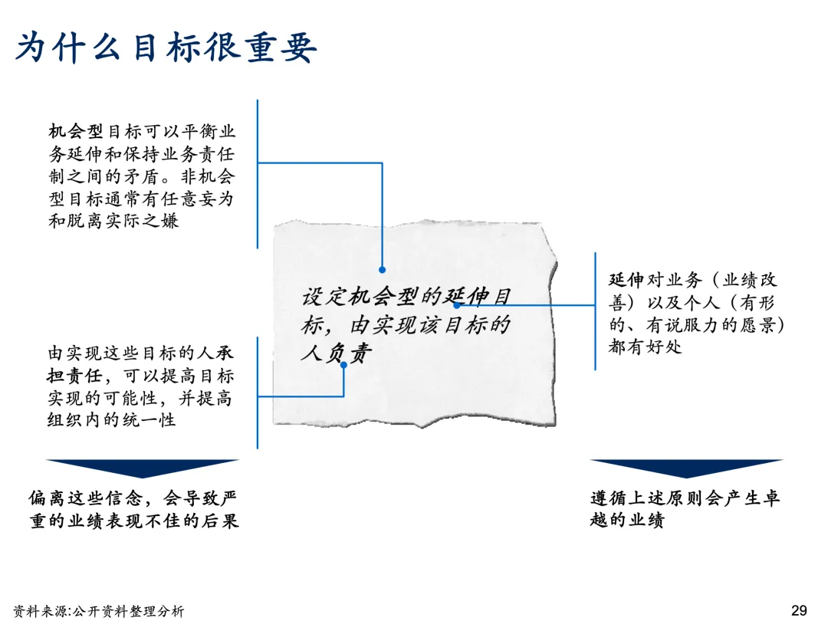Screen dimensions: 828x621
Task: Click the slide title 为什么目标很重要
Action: [166, 48]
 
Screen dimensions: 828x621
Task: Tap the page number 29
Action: [799, 610]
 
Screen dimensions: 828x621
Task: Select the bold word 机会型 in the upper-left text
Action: [75, 131]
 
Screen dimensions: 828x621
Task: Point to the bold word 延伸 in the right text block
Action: [626, 280]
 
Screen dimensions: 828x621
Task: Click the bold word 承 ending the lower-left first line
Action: [224, 354]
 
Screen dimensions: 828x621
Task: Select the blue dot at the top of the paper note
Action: [382, 270]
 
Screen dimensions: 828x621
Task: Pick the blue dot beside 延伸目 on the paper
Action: [457, 305]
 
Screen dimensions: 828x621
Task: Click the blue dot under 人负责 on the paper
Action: [343, 364]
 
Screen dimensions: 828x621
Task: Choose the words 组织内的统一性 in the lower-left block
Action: [112, 420]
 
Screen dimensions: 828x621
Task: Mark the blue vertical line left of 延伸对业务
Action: [596, 310]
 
